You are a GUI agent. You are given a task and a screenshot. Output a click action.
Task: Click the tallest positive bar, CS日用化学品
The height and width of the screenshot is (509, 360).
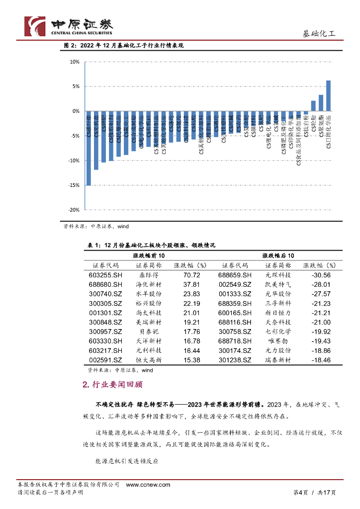(328, 95)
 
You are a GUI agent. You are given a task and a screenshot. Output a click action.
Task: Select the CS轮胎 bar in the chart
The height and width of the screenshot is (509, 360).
(313, 106)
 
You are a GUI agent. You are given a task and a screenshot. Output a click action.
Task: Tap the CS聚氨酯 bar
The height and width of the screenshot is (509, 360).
(321, 103)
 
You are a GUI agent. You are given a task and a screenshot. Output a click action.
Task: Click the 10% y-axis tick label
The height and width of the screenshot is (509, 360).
(75, 62)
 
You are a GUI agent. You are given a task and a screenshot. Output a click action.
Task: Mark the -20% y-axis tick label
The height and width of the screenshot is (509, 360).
(75, 210)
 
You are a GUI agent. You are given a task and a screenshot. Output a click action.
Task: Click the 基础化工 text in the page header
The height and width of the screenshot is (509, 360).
(319, 34)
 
